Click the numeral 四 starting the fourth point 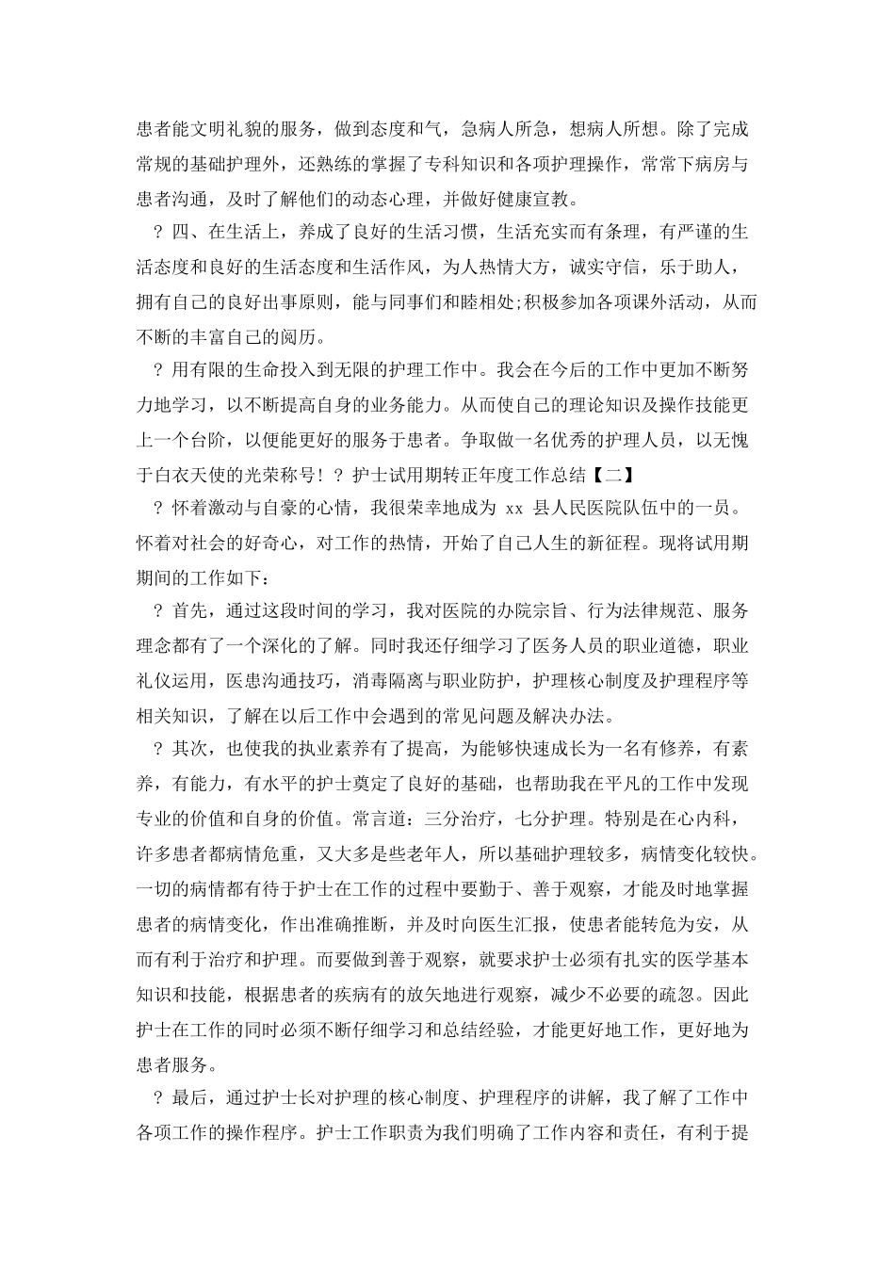click(185, 232)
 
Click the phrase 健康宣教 click(536, 198)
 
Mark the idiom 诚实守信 click(603, 267)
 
